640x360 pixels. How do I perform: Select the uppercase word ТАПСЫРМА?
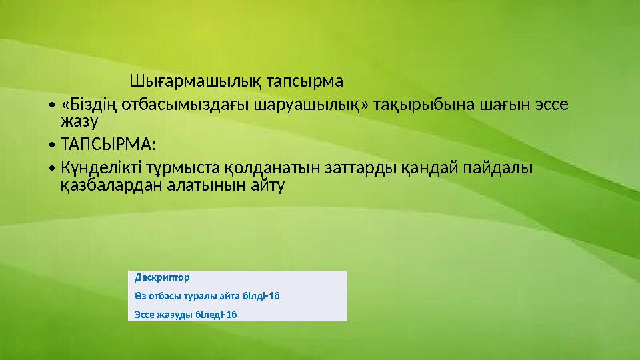(x=107, y=144)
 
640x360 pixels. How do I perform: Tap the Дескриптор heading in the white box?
(x=162, y=277)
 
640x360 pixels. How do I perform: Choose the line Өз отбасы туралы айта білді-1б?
(x=206, y=295)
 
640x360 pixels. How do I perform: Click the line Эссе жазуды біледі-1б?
(x=186, y=314)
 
